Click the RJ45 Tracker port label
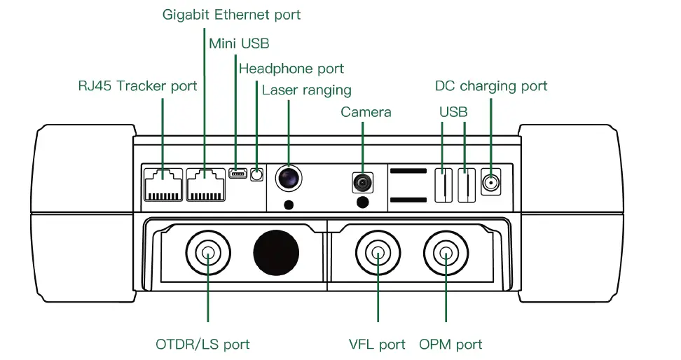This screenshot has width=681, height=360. click(137, 86)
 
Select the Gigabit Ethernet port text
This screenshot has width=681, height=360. click(231, 15)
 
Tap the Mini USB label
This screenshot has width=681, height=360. click(239, 43)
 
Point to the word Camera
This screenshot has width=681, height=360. click(366, 112)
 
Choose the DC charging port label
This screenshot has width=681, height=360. click(490, 86)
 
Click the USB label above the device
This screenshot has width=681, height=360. click(453, 112)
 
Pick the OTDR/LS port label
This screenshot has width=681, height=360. click(202, 344)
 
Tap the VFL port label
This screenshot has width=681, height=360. click(377, 344)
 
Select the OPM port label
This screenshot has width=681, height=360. click(450, 344)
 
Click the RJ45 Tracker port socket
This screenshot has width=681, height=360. click(163, 184)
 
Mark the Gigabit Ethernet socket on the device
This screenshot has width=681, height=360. click(205, 184)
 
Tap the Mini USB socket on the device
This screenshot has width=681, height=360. click(237, 173)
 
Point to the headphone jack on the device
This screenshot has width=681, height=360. click(257, 174)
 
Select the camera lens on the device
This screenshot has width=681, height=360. click(362, 183)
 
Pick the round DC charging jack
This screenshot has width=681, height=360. click(490, 184)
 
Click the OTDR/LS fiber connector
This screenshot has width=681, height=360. click(208, 253)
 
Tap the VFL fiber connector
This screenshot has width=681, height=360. click(378, 253)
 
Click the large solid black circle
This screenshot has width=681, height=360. click(276, 251)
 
